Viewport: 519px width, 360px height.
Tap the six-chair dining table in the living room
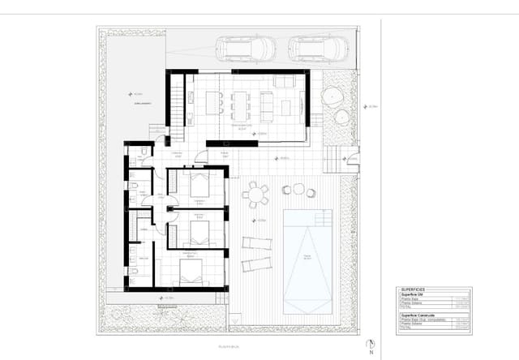coord(240,103)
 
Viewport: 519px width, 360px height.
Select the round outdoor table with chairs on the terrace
coord(255,195)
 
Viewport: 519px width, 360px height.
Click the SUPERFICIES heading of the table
coord(414,289)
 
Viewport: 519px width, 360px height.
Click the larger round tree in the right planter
coord(334,96)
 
